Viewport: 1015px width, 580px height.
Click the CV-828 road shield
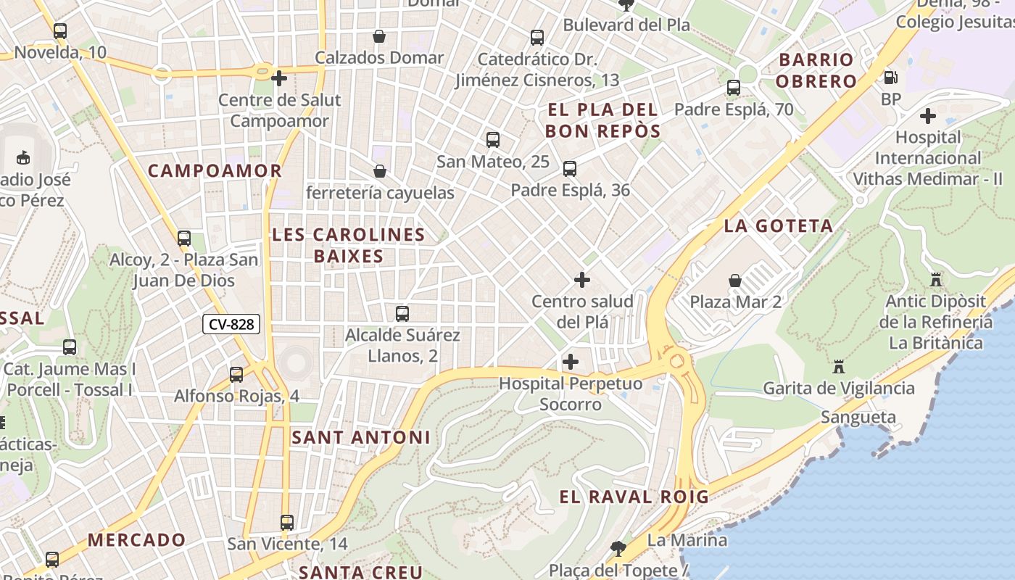tap(231, 324)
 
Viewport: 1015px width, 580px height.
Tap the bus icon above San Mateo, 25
tap(493, 140)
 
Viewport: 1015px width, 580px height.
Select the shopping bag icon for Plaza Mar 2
tap(735, 281)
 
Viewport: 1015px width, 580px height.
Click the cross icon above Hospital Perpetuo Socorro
tap(571, 361)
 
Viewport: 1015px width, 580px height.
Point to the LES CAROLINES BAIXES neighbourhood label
tap(348, 245)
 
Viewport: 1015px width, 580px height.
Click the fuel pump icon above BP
tap(891, 77)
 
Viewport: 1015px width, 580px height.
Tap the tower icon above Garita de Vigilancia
tap(839, 367)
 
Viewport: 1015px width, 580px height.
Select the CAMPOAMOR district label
tap(215, 171)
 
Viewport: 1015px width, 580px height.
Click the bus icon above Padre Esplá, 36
tap(570, 169)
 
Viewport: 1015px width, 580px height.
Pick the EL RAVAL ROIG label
tap(634, 497)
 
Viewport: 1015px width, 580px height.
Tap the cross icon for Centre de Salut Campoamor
tap(279, 78)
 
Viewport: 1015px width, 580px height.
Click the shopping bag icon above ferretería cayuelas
tap(379, 171)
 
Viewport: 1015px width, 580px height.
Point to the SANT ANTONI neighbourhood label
tap(361, 437)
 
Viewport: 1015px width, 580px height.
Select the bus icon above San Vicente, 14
tap(287, 523)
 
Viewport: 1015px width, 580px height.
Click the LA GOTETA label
tap(779, 226)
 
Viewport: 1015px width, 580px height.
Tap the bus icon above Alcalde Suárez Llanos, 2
tap(402, 314)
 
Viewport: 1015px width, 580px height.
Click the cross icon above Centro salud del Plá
tap(582, 279)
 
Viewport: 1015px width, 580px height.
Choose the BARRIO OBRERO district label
tap(816, 70)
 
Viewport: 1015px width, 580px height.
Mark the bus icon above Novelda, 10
tap(60, 31)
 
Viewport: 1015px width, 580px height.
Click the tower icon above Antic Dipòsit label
tap(935, 279)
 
